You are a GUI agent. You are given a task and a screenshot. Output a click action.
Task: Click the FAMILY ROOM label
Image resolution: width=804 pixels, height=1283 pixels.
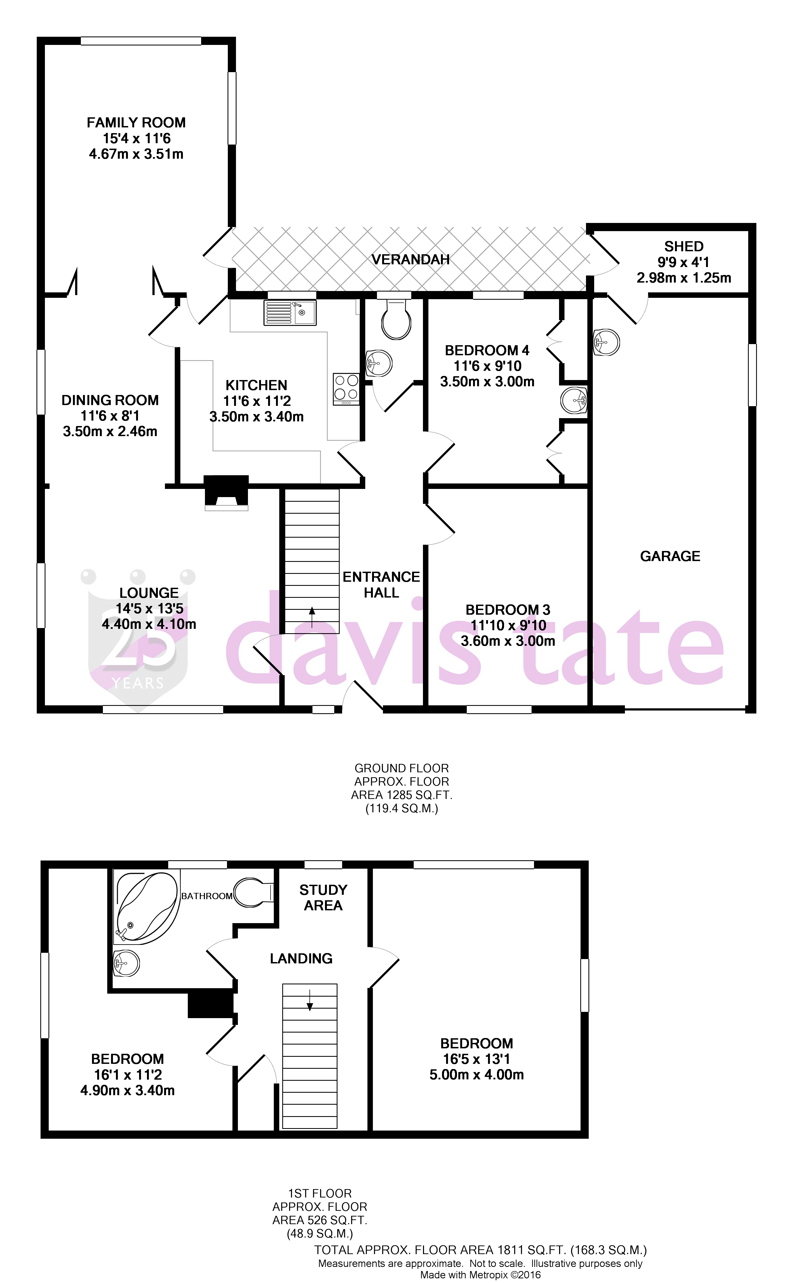(x=136, y=123)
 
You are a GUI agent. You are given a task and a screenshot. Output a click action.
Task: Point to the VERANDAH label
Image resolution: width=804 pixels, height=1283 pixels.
(x=410, y=259)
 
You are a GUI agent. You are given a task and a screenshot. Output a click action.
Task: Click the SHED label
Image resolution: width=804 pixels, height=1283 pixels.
(x=684, y=247)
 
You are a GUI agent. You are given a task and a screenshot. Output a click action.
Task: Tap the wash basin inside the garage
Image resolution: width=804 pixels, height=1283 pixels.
(x=606, y=342)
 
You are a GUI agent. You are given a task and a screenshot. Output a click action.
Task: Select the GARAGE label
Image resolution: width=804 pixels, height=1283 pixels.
(x=670, y=556)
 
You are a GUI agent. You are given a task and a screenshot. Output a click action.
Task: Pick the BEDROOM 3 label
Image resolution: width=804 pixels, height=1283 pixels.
(x=508, y=610)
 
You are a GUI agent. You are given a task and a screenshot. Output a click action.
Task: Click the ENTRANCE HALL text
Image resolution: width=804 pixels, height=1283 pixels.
(x=381, y=585)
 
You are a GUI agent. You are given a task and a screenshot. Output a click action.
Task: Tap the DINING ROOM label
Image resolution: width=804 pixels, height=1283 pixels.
(x=110, y=400)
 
